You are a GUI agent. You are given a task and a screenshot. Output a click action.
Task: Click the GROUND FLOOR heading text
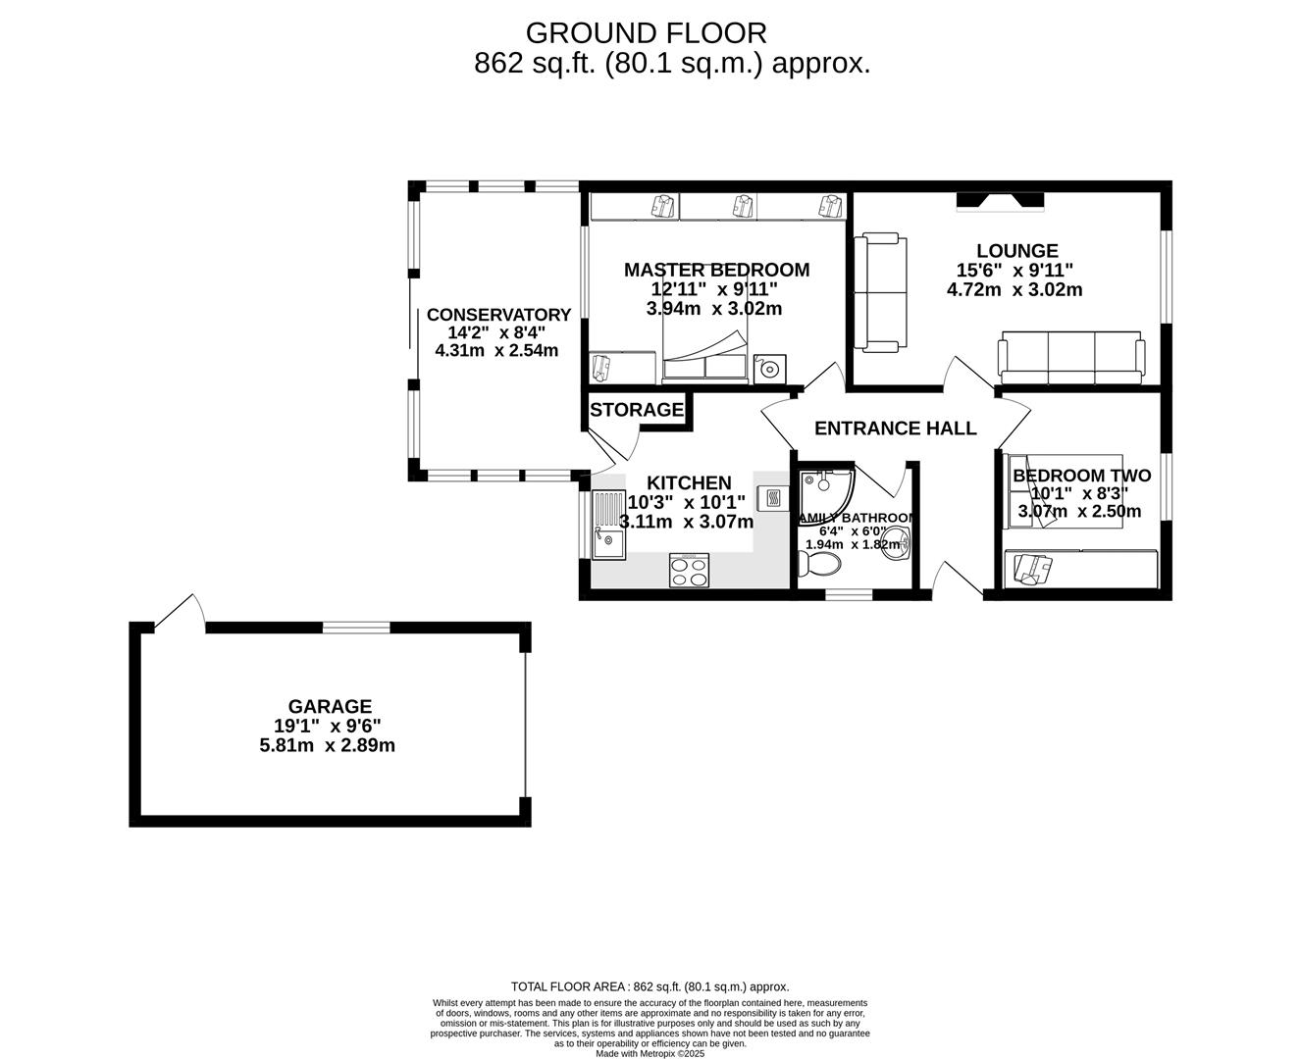pos(646,33)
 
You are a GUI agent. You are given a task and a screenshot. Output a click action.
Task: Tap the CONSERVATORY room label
pos(498,315)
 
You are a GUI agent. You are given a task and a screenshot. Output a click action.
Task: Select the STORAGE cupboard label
pos(637,410)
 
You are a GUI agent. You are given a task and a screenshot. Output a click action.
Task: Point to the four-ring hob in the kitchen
pos(690,571)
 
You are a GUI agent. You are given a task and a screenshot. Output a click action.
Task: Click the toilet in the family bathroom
pos(819,565)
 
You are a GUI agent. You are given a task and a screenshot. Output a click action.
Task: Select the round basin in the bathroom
pos(895,543)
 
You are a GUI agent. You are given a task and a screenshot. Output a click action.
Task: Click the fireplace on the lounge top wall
pos(1001,201)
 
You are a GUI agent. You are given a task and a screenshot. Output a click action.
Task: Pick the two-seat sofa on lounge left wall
pos(877,292)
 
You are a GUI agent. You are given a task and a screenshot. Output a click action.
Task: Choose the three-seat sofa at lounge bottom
pos(1070,357)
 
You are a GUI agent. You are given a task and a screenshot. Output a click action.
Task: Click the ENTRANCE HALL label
pos(895,429)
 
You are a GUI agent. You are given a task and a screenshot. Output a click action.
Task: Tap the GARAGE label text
pos(330,706)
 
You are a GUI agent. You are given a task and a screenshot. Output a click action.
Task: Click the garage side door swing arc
pos(182,612)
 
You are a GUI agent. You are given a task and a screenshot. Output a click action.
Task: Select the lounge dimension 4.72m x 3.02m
pos(1014,290)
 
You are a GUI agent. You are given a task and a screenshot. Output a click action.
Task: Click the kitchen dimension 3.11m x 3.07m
pos(687,522)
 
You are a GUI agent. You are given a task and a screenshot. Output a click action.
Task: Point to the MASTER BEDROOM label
pos(717,270)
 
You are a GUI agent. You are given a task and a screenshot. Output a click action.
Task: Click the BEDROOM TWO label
pos(1081,476)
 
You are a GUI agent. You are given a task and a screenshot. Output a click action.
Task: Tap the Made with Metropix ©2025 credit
pos(650,1053)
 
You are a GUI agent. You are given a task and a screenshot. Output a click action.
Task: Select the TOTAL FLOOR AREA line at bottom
pos(650,987)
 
